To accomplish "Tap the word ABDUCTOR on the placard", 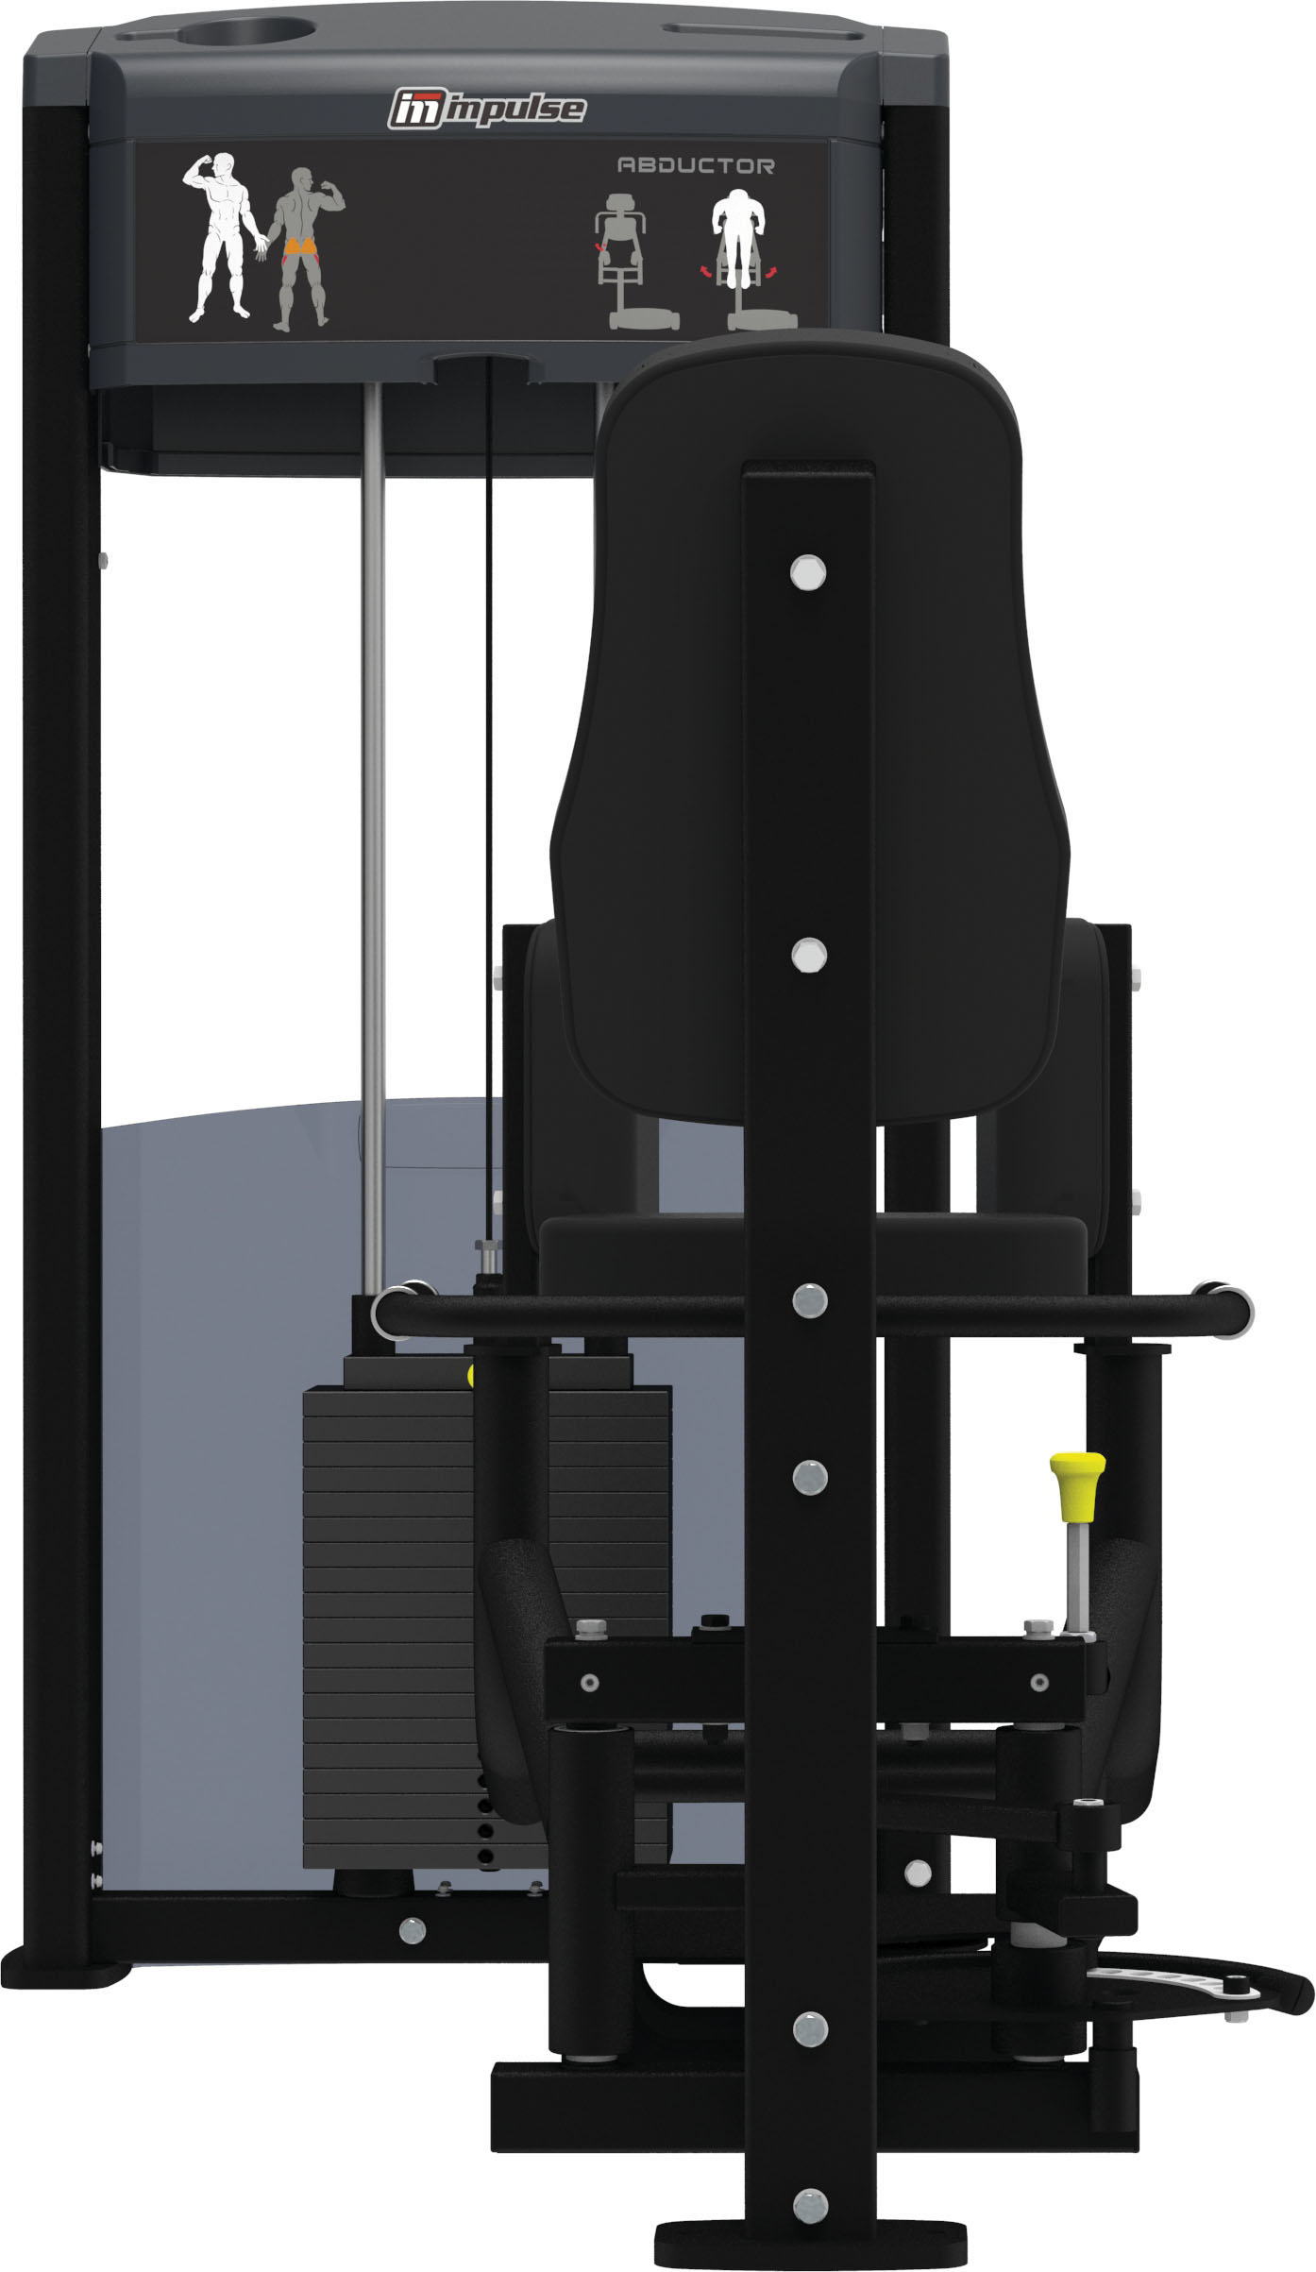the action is coord(696,166).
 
